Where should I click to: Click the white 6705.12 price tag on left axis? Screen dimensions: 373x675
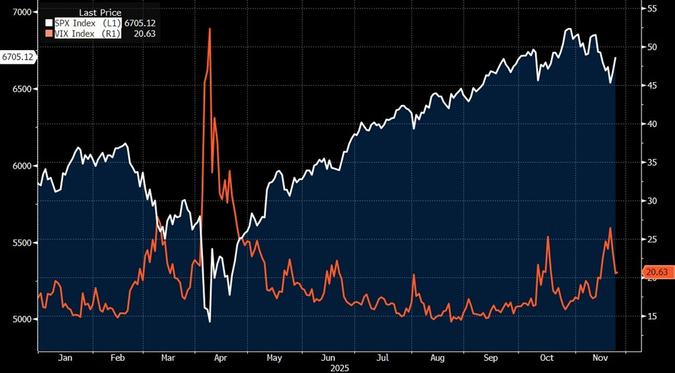[18, 56]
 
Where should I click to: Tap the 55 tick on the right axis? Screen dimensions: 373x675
[651, 9]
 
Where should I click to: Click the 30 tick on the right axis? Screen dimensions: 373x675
[651, 201]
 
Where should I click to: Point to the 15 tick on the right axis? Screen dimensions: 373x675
[651, 316]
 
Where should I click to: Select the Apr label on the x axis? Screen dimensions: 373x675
[221, 357]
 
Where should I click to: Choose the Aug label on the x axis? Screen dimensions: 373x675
[437, 357]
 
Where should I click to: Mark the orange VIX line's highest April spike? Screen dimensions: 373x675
[209, 29]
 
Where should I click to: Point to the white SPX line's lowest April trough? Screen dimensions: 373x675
[209, 322]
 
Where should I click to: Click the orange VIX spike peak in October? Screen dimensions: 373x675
[548, 237]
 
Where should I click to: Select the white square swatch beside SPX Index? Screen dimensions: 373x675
[49, 23]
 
